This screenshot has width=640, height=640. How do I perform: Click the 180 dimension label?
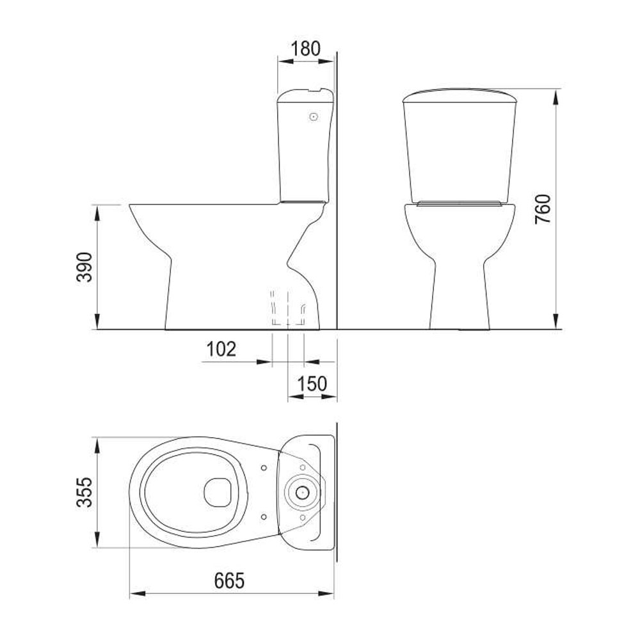click(305, 49)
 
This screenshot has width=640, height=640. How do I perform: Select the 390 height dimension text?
click(85, 267)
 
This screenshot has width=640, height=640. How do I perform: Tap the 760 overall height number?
click(543, 209)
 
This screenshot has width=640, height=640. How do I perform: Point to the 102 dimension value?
click(221, 349)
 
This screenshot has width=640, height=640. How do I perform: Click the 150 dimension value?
click(312, 383)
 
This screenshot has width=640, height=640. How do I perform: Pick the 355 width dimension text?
click(85, 492)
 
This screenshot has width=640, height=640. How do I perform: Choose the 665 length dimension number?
click(229, 580)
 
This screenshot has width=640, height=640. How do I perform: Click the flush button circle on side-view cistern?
click(314, 116)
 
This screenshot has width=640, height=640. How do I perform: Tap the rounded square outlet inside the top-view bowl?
click(218, 492)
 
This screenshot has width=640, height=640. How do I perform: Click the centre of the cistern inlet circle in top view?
click(301, 492)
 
